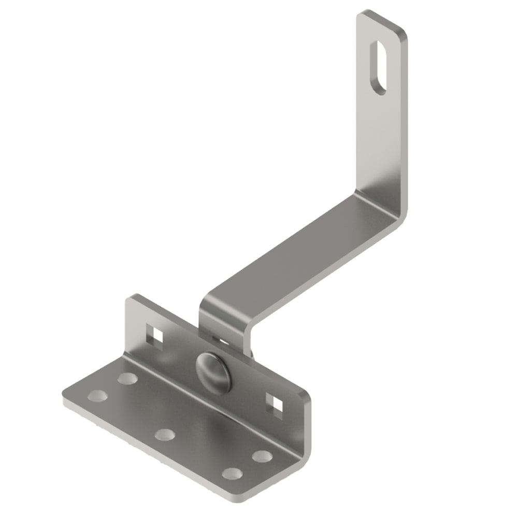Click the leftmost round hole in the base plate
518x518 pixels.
coord(97,396)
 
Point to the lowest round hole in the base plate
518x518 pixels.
coord(232,473)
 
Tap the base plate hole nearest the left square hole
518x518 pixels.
coord(127,379)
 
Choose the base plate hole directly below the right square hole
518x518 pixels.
coord(262,456)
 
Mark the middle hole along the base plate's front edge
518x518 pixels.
coord(164,434)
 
